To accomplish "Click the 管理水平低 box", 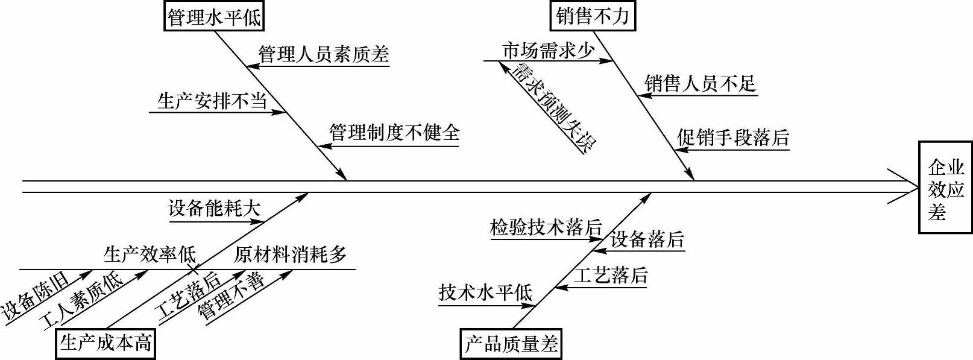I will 215,16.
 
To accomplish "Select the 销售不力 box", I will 593,16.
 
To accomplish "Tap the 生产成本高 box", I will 105,344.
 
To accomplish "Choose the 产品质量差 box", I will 511,344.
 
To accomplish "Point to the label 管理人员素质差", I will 324,55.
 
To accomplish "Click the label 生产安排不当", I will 212,101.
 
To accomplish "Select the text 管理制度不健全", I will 394,133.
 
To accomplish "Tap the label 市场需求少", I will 549,51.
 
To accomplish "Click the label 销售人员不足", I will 700,83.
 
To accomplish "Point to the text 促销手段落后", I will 733,138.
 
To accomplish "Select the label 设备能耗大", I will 215,209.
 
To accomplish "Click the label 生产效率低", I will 150,255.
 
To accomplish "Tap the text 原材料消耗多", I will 291,255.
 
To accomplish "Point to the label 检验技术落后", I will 546,228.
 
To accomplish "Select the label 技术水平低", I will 486,293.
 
